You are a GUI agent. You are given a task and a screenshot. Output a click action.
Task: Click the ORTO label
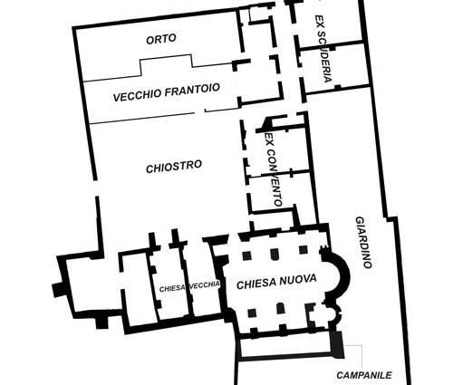click(x=161, y=39)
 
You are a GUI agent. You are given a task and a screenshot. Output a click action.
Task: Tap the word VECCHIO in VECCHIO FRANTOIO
click(x=137, y=95)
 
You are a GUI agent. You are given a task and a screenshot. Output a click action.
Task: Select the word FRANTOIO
click(x=192, y=90)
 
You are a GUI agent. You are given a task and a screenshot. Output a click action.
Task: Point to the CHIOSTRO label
click(x=174, y=167)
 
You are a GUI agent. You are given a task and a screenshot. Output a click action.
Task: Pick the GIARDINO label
click(x=363, y=242)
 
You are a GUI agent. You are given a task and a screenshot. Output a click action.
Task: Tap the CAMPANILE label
click(x=364, y=375)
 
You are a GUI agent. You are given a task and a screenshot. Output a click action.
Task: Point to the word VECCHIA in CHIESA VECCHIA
click(x=205, y=285)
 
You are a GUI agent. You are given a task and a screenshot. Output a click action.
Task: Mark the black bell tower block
click(x=336, y=344)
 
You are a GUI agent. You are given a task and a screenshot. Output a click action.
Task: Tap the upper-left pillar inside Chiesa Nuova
click(x=247, y=255)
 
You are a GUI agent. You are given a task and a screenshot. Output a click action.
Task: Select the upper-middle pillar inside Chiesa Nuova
click(x=275, y=254)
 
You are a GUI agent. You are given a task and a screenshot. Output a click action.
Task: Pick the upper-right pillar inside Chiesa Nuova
click(x=304, y=249)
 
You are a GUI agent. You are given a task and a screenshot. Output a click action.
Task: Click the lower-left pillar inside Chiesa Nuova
click(x=252, y=313)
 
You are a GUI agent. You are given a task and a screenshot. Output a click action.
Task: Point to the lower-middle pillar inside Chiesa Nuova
click(x=281, y=308)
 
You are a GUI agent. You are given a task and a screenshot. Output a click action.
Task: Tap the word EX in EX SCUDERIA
click(x=318, y=21)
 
